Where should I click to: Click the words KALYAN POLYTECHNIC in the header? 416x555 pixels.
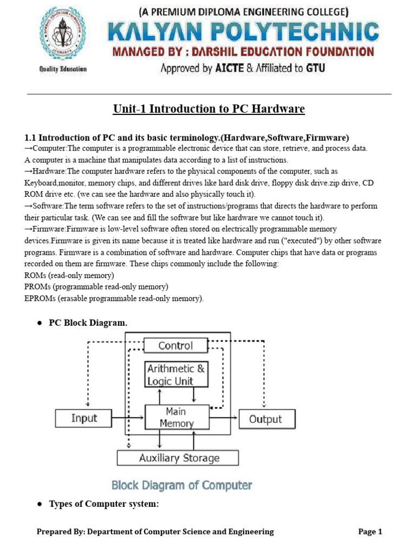tap(243, 32)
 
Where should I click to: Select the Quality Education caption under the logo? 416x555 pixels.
tap(63, 69)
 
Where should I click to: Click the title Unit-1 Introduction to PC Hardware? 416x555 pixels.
tap(209, 109)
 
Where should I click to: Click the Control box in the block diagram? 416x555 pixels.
tap(175, 345)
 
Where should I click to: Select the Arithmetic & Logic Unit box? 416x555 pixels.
tap(176, 375)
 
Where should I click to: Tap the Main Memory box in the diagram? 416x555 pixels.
tap(177, 417)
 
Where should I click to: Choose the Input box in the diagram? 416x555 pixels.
tap(84, 418)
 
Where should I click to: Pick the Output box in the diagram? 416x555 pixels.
tap(265, 419)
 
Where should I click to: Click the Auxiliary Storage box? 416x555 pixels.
tap(178, 457)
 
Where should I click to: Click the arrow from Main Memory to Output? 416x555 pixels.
tap(223, 418)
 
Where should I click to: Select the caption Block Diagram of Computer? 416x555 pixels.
tap(181, 485)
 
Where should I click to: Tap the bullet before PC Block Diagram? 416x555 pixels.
tap(40, 323)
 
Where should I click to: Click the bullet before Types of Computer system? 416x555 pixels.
tap(40, 504)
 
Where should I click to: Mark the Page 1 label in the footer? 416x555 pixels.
tap(370, 532)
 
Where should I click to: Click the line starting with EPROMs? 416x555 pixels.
tap(114, 298)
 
